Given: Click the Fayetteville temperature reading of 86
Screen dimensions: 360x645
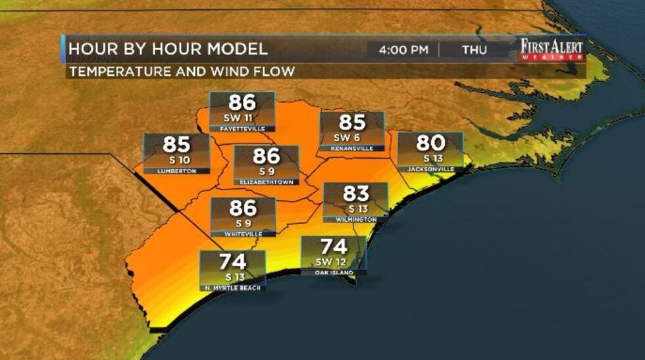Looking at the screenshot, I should [242, 103].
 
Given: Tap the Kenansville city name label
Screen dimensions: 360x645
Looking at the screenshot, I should [351, 149].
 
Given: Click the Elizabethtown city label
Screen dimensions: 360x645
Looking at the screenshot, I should [267, 182].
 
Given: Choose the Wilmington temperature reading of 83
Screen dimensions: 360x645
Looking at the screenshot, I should [355, 193].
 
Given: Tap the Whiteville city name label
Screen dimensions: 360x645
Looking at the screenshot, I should [243, 234].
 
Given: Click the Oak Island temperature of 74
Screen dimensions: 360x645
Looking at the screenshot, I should [334, 248].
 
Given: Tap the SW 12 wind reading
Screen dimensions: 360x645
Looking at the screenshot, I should [334, 262].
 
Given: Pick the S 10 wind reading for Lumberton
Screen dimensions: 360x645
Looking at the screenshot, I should [176, 160].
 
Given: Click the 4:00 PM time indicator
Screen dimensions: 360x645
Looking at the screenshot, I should [402, 50].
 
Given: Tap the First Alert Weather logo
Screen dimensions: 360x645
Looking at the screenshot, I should [551, 50].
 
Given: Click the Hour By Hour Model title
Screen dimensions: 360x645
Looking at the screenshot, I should [168, 49].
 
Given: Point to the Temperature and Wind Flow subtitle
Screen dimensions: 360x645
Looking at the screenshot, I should [181, 71].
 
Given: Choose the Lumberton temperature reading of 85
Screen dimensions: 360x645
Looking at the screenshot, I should [176, 145].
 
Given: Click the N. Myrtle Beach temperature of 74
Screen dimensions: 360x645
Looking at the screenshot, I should [233, 262].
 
